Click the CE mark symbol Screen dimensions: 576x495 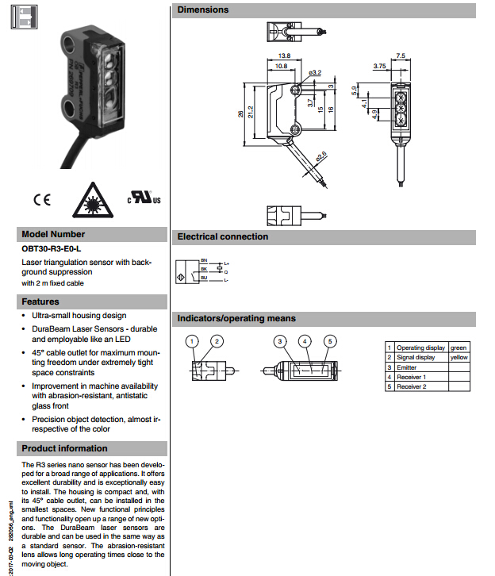[x=40, y=199]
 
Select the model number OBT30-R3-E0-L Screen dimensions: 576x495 [x=52, y=249]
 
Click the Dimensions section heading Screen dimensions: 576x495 [x=203, y=10]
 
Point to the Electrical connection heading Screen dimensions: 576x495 [x=223, y=236]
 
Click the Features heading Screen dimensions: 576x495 [x=40, y=301]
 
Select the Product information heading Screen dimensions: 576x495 [x=64, y=448]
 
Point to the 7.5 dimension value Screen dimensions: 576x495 [x=401, y=56]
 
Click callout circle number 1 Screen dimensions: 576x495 [x=192, y=341]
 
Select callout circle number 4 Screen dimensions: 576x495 [x=305, y=341]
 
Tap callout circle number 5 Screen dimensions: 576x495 [x=331, y=341]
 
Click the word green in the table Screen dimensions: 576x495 [x=458, y=348]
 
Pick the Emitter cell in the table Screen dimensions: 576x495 [x=406, y=367]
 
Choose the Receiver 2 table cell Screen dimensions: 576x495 [x=411, y=386]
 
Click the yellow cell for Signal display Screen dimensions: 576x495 [x=459, y=357]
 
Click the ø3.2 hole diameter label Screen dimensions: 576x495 [x=315, y=73]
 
